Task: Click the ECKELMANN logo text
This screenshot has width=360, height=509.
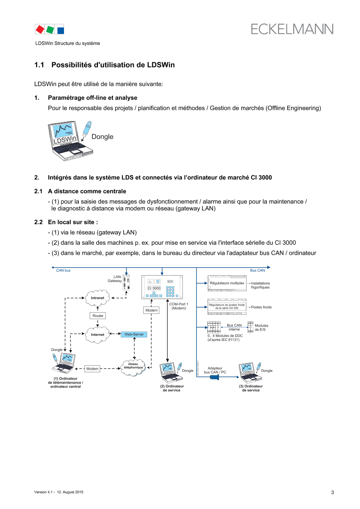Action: click(292, 29)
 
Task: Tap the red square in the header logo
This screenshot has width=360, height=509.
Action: click(40, 29)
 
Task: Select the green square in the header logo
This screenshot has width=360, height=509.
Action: click(50, 29)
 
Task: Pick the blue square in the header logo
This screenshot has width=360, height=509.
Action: click(61, 30)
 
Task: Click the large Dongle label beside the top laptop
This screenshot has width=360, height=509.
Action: click(102, 137)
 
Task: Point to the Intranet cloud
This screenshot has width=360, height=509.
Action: click(98, 298)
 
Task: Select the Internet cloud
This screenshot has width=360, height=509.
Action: click(98, 334)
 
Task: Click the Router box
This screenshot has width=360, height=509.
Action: click(98, 315)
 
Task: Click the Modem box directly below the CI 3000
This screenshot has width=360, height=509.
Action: click(151, 310)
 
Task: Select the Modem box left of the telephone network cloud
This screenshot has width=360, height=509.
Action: click(92, 368)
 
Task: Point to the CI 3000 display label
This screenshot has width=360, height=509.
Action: click(154, 288)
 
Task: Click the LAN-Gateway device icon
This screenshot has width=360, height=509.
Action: click(125, 283)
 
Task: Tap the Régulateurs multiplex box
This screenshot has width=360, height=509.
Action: click(227, 283)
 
